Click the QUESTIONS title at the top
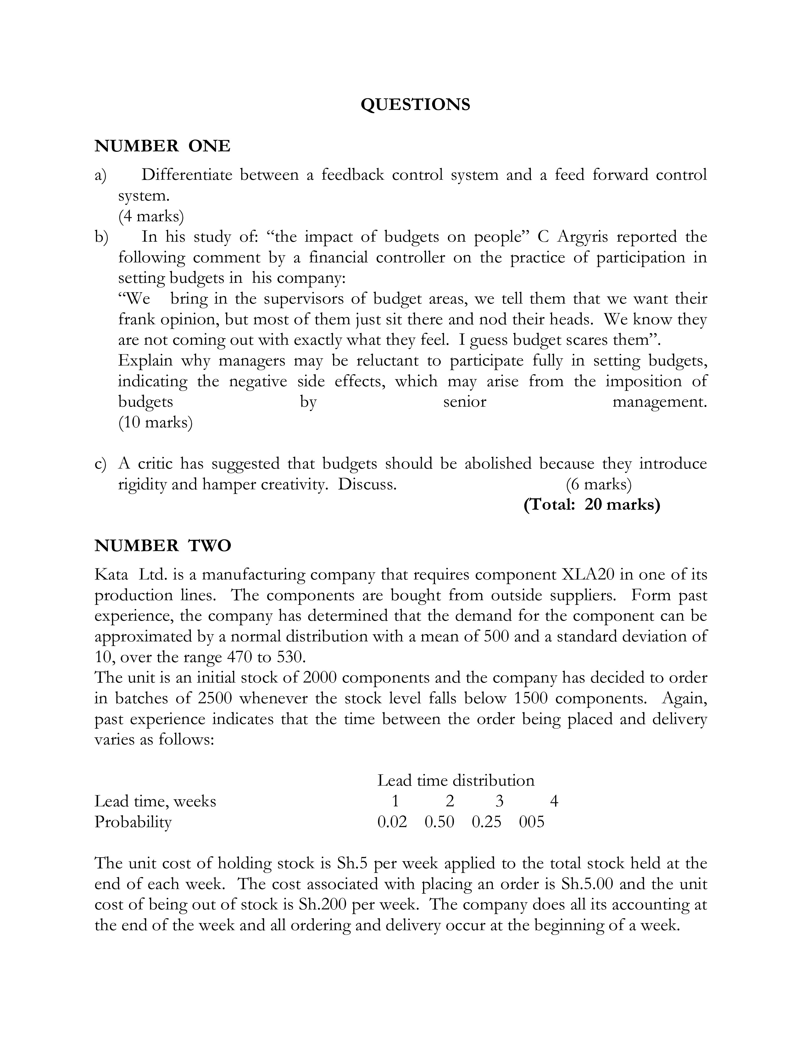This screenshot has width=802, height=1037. (415, 104)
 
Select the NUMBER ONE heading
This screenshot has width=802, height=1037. (163, 146)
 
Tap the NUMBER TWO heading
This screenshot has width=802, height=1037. (163, 546)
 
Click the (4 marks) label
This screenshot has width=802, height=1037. (151, 217)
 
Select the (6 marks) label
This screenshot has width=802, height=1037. (599, 484)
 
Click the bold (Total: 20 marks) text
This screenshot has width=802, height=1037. (592, 505)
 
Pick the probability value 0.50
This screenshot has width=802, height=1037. (439, 822)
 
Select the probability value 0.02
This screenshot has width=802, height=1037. (392, 822)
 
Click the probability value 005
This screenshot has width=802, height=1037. (532, 822)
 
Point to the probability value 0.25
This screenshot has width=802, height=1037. (486, 822)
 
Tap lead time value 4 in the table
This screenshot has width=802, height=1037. (554, 802)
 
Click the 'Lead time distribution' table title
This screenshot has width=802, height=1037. (456, 781)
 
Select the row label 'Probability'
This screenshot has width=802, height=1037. (133, 822)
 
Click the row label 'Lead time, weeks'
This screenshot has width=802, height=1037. (155, 802)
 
